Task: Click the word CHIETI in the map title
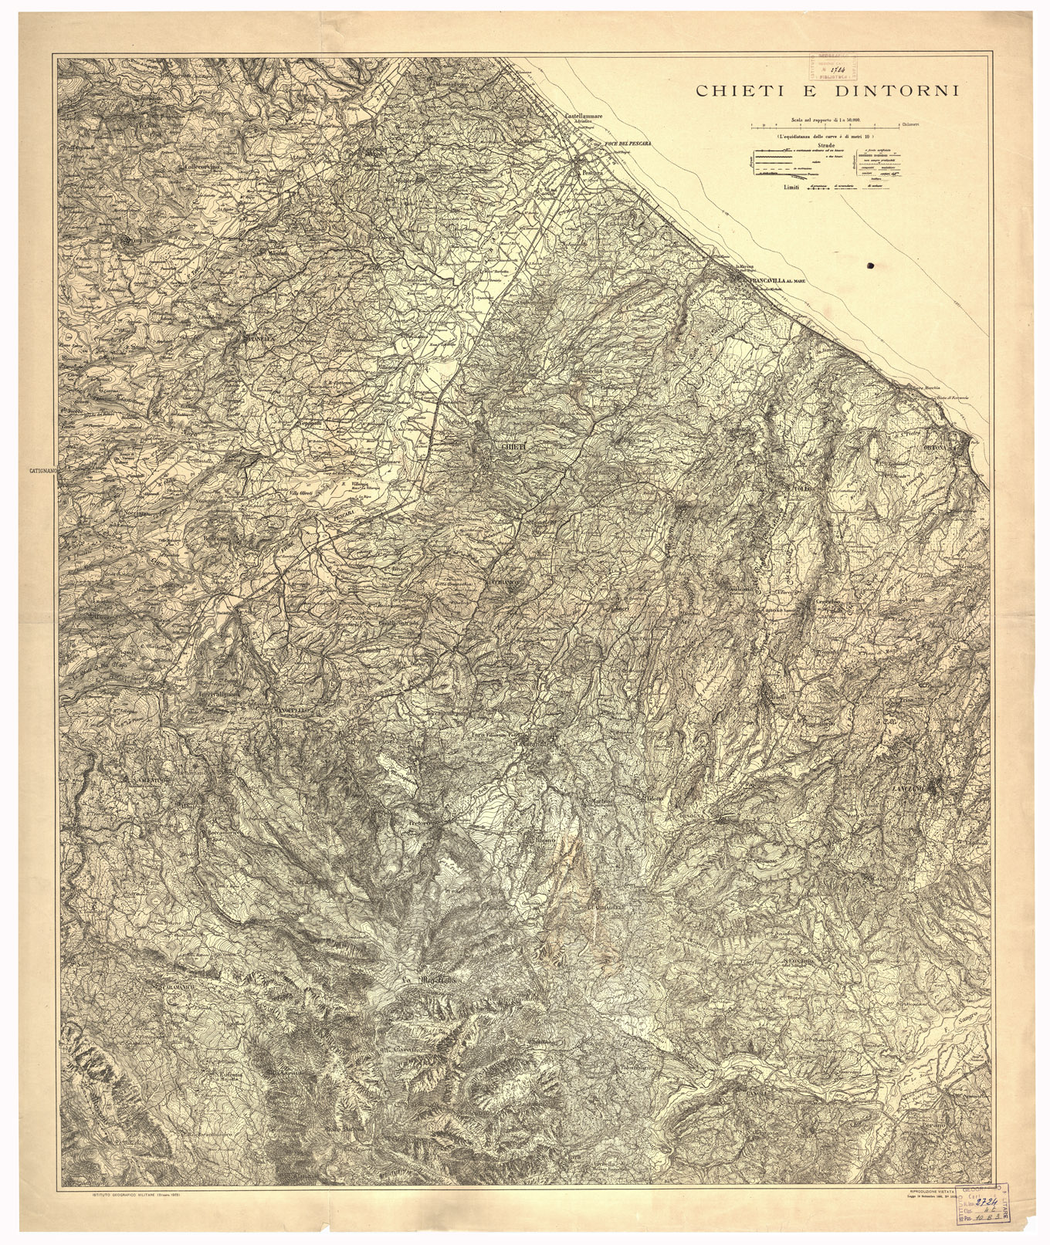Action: (x=735, y=91)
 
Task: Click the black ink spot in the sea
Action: (x=872, y=266)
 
